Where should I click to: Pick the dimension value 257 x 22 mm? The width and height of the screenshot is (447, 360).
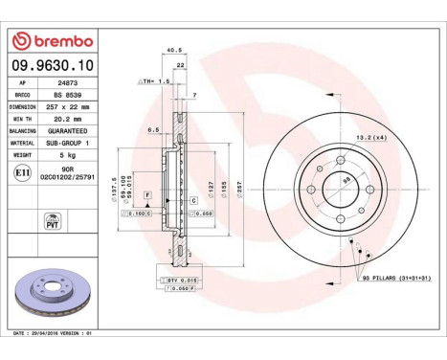coord(69,108)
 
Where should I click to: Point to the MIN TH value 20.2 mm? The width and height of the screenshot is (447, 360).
coord(67,119)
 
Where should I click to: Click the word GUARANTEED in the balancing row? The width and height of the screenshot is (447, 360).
coord(67,130)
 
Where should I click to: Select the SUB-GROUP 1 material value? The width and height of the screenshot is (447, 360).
coord(69,142)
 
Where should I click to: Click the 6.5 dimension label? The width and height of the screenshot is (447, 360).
coord(152,128)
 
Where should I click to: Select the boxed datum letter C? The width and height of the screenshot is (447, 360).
coord(193,199)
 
